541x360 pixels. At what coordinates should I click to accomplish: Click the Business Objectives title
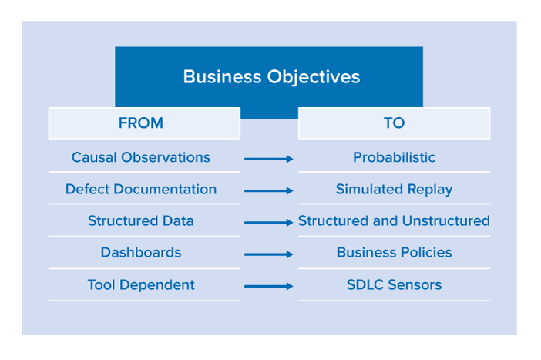pos(271,77)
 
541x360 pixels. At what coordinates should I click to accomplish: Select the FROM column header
pos(141,123)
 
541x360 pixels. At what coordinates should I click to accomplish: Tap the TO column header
pos(394,123)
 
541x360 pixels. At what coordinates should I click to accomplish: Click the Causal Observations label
pos(141,157)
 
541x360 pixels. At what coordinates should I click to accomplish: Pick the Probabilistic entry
pos(394,157)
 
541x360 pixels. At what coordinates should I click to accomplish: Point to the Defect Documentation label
pos(141,189)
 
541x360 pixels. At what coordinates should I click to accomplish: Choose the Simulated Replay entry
pos(394,190)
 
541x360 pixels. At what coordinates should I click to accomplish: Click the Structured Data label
pos(141,221)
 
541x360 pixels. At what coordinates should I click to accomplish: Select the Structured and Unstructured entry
pos(394,221)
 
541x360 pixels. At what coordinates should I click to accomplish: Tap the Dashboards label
pos(141,253)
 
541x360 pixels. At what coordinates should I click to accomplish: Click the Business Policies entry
pos(394,253)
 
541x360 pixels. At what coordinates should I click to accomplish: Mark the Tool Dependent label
pos(141,285)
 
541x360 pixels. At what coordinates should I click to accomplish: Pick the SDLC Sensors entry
pos(394,285)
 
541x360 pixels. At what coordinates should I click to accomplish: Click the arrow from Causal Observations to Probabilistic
pos(268,159)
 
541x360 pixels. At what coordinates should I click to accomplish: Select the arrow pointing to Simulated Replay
pos(268,190)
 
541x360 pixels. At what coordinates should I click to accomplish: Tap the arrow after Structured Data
pos(268,223)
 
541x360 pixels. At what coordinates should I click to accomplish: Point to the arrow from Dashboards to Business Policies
pos(268,254)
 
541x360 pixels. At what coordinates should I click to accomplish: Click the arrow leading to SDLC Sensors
pos(268,286)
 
